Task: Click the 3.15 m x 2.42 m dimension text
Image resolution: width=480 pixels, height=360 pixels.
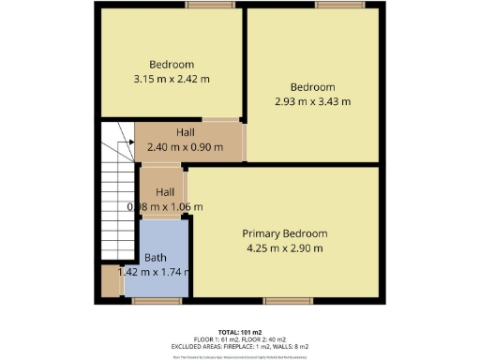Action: pos(172,79)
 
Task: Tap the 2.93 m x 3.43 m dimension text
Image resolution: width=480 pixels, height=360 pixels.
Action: pos(312,101)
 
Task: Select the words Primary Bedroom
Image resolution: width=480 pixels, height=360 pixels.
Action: pos(285,232)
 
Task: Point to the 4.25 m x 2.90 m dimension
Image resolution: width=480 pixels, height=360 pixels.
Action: pos(285,248)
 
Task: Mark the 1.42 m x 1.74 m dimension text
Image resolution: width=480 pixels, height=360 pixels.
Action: pos(156,272)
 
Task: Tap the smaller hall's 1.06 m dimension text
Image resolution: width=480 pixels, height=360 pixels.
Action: pos(165,207)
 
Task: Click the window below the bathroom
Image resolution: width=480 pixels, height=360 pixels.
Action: pos(149,301)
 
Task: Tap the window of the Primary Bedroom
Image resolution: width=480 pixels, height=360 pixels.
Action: pos(281,301)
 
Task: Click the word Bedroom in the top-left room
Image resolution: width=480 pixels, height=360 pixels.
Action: pos(172,64)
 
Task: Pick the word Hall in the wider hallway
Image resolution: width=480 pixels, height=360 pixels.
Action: pos(186,133)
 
